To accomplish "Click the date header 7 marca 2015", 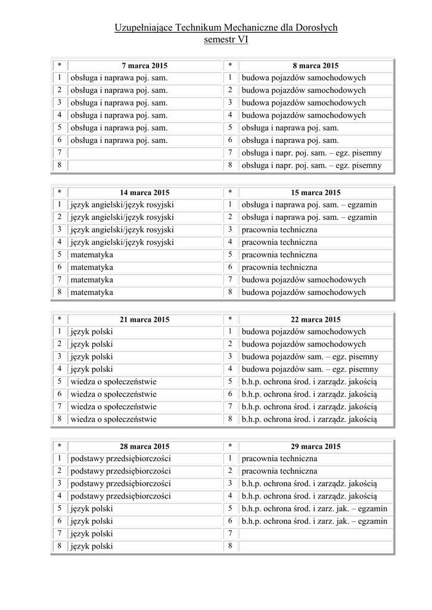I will [x=145, y=66].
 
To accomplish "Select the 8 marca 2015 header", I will [x=316, y=66].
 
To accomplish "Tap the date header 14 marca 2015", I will [x=145, y=192].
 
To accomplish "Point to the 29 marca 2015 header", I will [x=316, y=446].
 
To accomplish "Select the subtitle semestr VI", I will [x=226, y=40].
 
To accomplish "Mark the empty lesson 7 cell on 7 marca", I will [x=145, y=153].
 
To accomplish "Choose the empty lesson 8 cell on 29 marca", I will [x=316, y=546].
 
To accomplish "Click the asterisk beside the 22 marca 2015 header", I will [x=230, y=319].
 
